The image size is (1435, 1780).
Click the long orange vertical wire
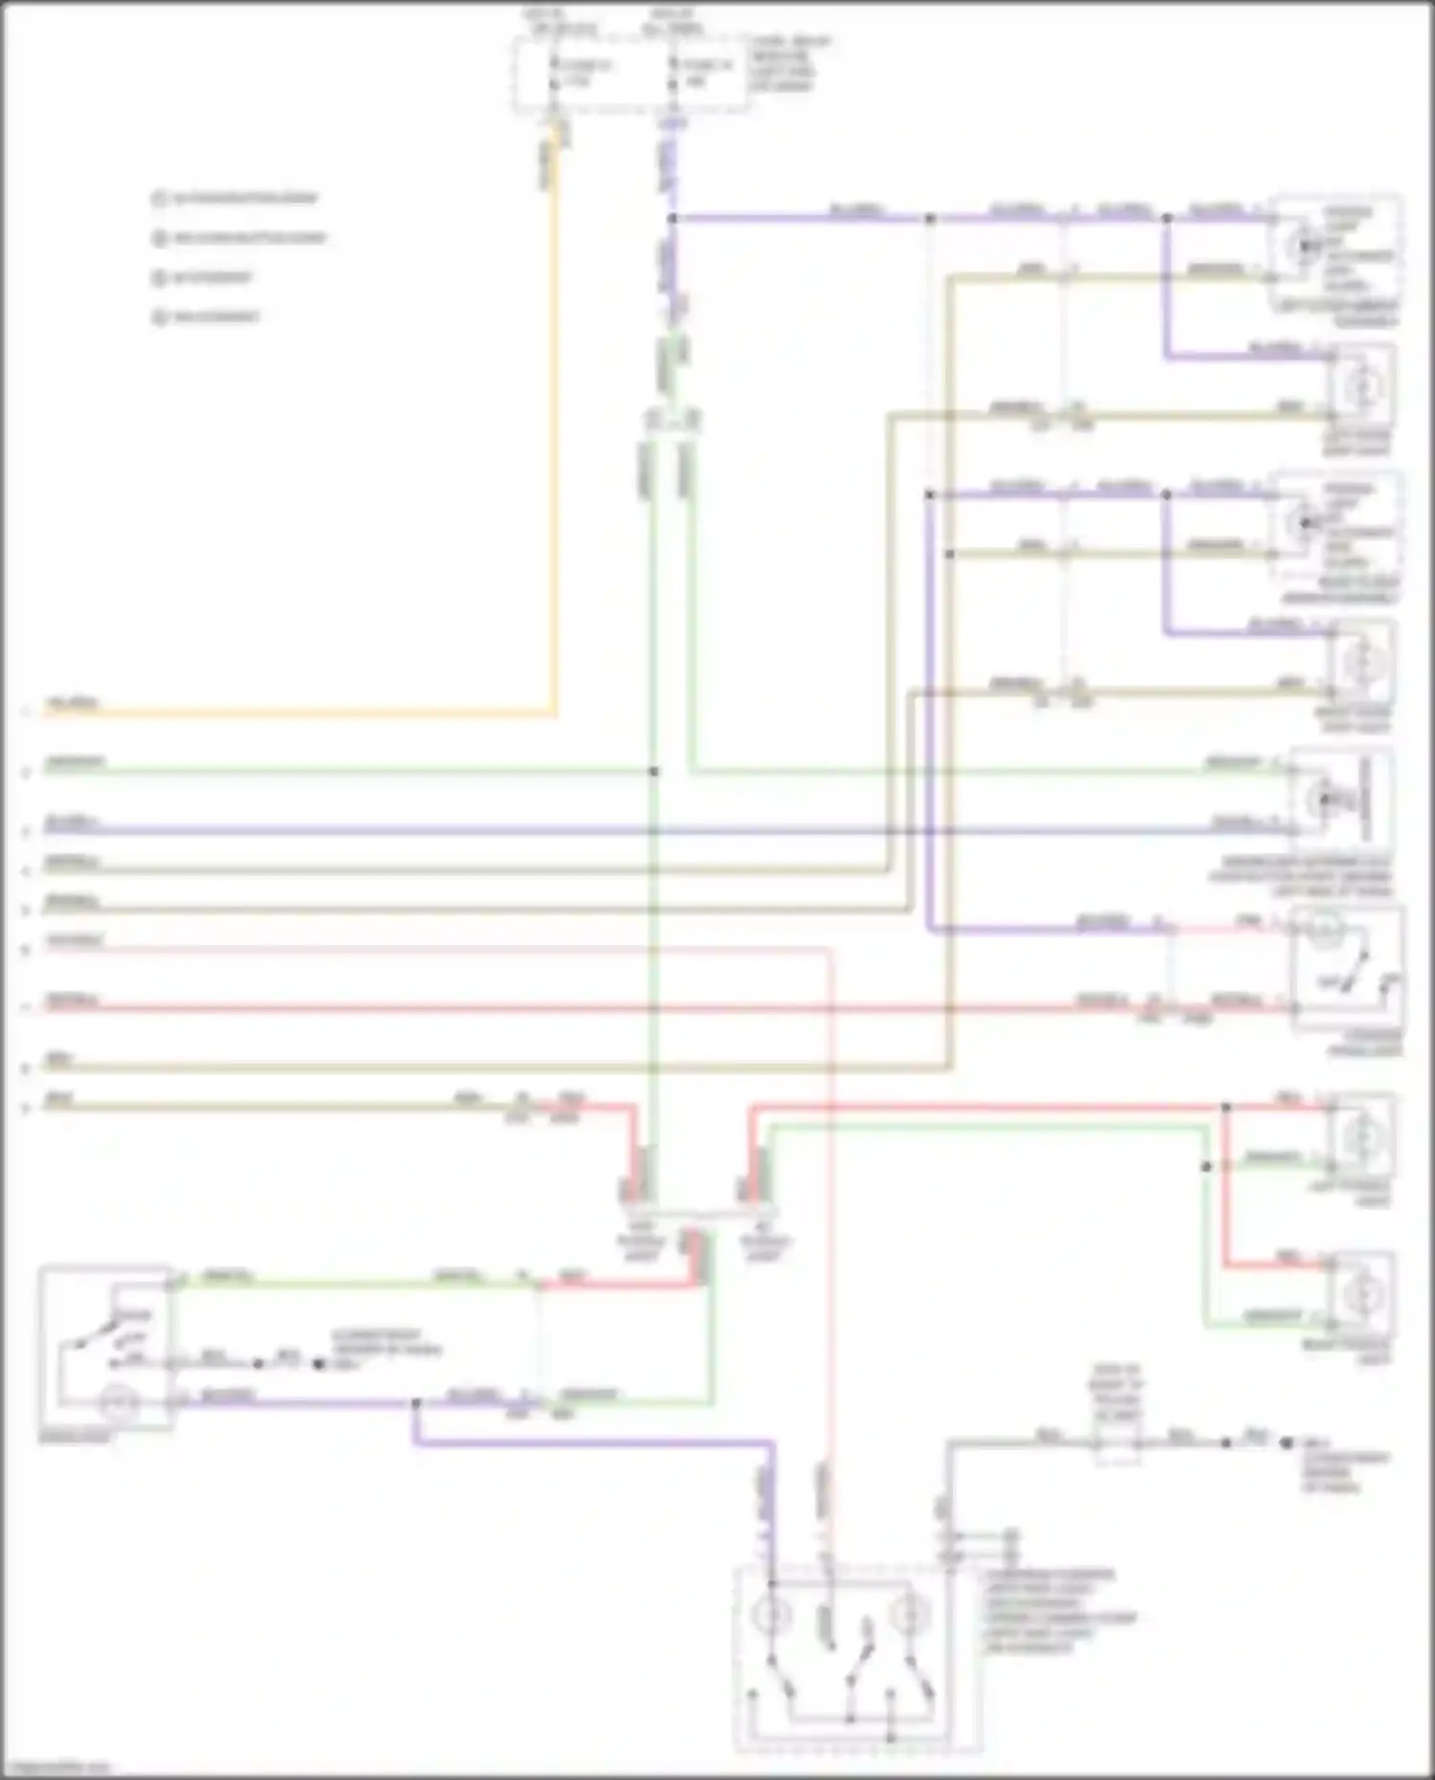tap(554, 430)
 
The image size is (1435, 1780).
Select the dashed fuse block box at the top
tap(631, 75)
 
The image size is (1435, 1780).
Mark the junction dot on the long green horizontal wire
tap(653, 771)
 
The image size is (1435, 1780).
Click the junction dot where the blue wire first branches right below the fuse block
tap(673, 219)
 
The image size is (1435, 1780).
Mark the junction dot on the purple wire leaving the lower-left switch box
tap(415, 1403)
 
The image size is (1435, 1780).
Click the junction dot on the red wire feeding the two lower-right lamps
tap(1225, 1108)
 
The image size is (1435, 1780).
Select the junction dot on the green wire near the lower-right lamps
tap(1206, 1167)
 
